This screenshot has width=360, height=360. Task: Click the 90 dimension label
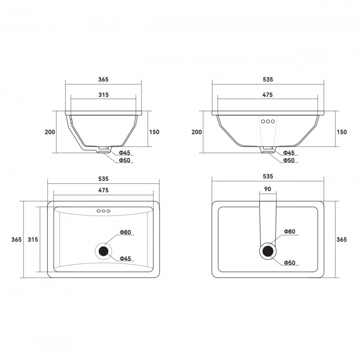point(268,189)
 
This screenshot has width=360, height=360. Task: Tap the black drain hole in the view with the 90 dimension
point(268,251)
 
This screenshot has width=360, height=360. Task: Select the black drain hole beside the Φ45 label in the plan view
point(103,251)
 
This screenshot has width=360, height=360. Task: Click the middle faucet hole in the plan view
point(103,211)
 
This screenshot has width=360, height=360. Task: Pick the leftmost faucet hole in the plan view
point(99,211)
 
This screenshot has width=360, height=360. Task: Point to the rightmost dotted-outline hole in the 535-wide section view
point(273,122)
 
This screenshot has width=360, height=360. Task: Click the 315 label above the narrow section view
point(103,95)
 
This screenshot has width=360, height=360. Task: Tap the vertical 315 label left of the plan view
point(33,239)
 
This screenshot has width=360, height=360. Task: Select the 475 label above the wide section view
point(268,95)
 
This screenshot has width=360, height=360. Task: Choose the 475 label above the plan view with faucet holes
point(103,190)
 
